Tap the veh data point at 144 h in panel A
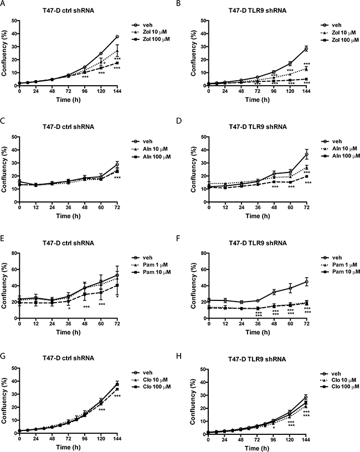pyautogui.click(x=102, y=37)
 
